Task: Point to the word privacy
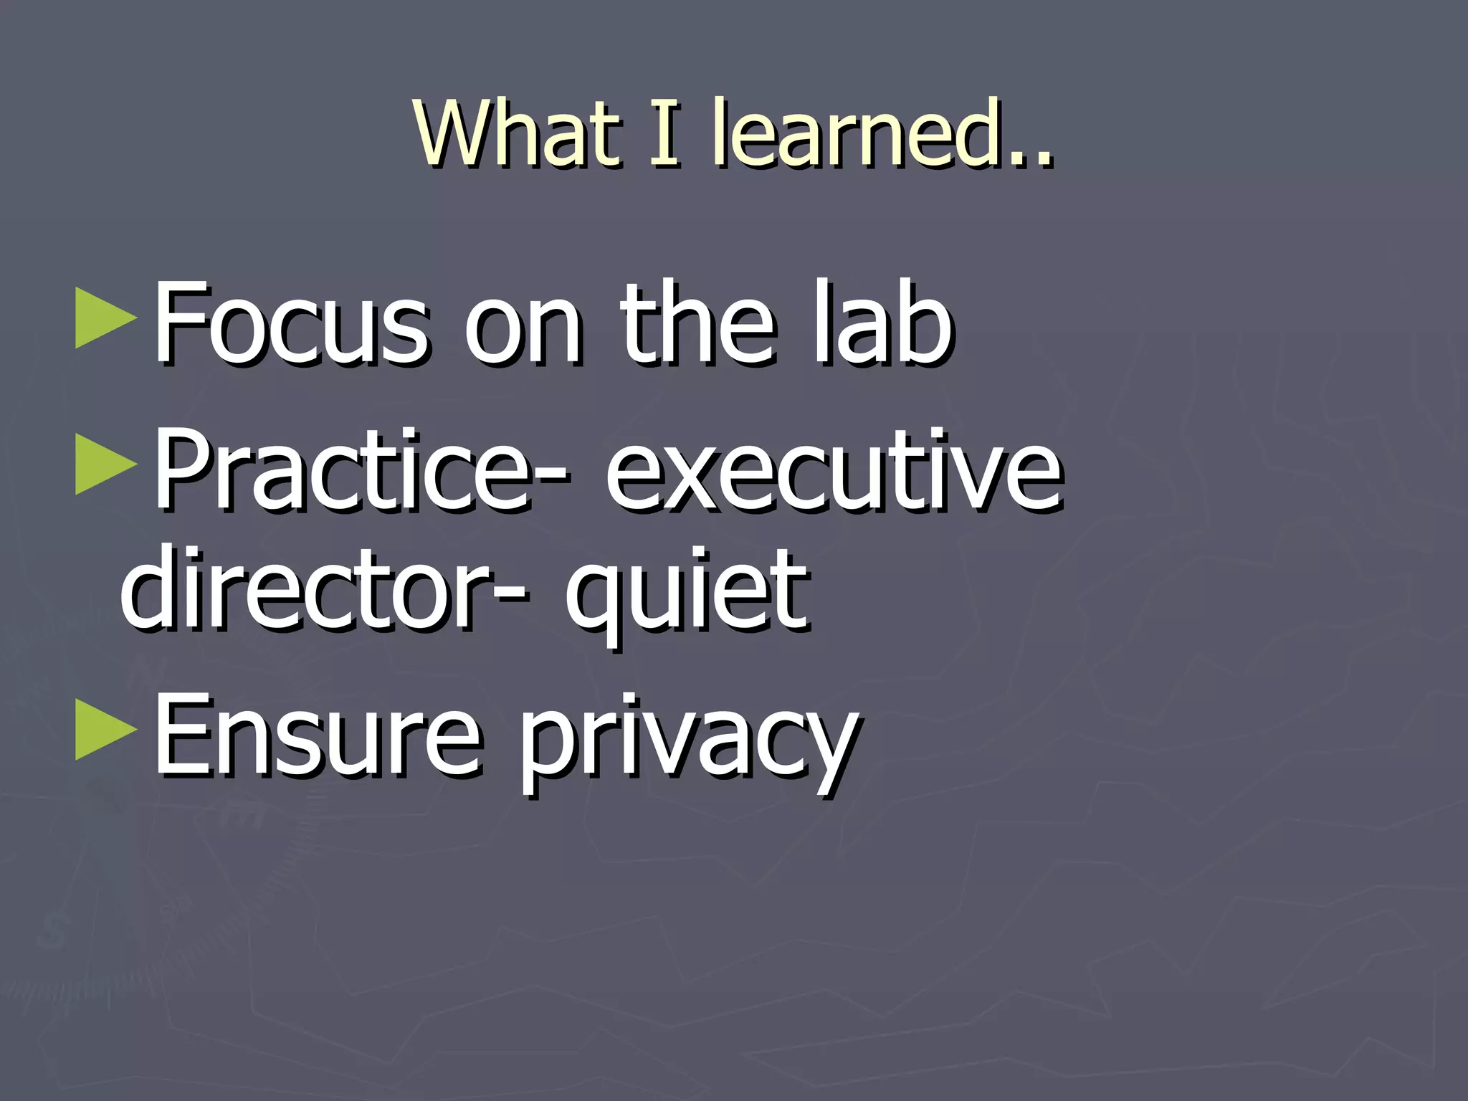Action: pos(688,742)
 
